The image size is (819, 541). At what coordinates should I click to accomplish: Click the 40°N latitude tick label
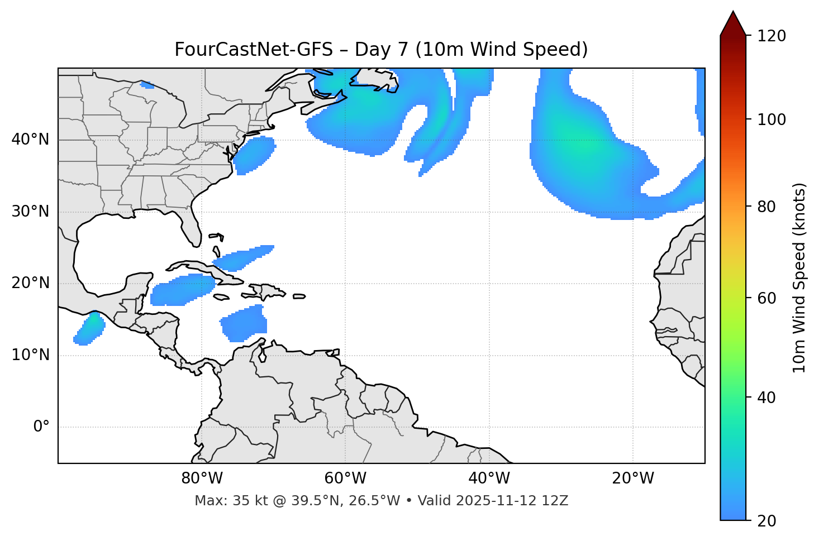pos(30,140)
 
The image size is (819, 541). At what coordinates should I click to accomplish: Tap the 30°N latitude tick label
pos(30,212)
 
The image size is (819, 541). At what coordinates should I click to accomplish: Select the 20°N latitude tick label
pos(30,283)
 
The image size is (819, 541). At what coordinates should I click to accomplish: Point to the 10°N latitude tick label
pos(30,355)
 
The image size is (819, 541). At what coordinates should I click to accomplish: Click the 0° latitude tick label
pos(41,427)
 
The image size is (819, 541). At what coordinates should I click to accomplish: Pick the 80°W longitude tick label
pos(202,478)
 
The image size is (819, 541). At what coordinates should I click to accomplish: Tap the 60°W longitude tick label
pos(345,478)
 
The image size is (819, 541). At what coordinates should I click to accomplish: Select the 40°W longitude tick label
pos(489,478)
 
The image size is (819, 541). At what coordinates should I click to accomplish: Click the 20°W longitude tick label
pos(633,478)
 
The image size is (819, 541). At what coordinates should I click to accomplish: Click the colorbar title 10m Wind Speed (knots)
pos(799,277)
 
